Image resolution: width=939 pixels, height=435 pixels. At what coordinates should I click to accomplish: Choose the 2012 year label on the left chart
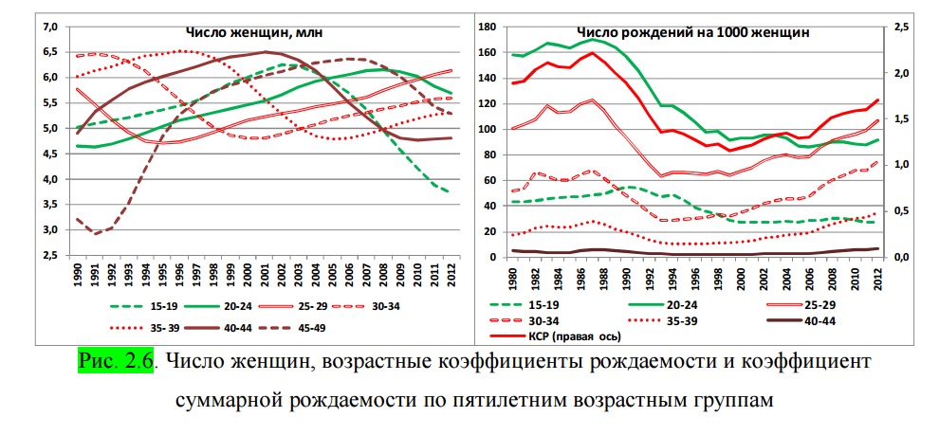[x=446, y=277]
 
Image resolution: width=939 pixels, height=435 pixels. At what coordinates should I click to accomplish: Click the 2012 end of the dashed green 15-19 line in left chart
[x=447, y=191]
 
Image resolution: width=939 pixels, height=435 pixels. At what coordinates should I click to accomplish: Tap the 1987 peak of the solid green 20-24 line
[x=593, y=39]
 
